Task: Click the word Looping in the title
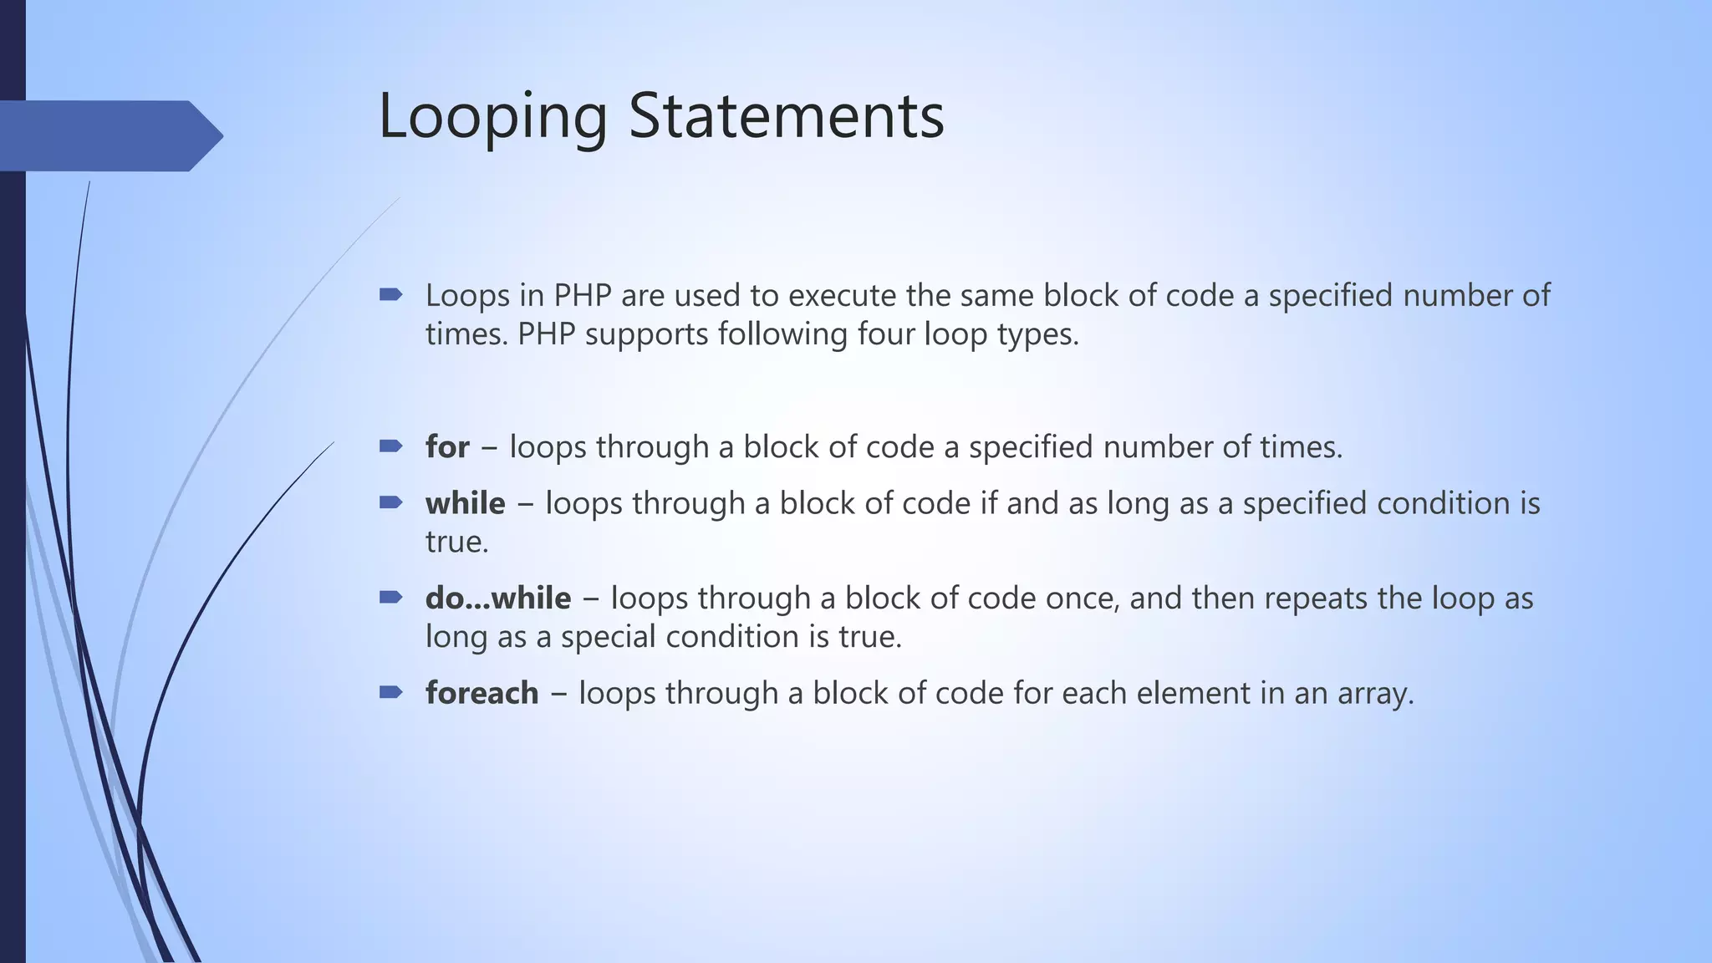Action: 492,117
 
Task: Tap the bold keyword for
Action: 447,447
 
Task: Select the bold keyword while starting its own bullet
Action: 465,503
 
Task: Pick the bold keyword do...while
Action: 498,599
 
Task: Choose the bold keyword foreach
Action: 481,693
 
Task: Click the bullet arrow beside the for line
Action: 390,446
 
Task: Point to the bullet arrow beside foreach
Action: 390,692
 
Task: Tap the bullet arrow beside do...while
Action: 390,598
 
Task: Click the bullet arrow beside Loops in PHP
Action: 390,294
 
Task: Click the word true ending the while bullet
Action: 456,543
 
